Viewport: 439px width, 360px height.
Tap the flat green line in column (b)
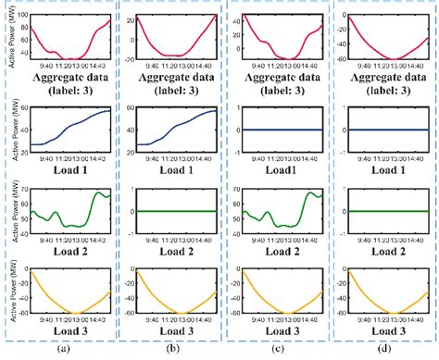176,211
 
